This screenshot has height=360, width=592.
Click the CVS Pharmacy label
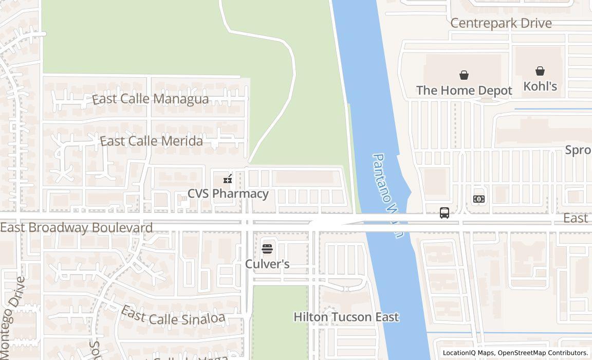pos(228,194)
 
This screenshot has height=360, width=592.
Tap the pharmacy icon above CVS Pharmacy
pos(228,179)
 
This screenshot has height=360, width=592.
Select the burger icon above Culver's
pos(267,249)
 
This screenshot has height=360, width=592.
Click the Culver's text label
pos(267,264)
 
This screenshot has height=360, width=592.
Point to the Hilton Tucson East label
pos(346,317)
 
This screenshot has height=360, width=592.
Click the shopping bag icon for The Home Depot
pos(464,76)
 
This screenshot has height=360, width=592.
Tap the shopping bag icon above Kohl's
pos(540,71)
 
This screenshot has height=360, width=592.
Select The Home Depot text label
pos(464,91)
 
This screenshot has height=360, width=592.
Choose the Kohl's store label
pos(540,86)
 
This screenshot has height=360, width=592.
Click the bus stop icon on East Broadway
pos(445,213)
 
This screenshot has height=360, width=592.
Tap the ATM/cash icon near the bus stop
pos(478,199)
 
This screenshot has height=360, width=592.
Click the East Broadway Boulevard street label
pos(77,227)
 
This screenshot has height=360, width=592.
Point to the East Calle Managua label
pos(151,99)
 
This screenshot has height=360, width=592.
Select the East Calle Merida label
pos(151,141)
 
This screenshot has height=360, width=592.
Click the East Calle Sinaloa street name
pos(173,316)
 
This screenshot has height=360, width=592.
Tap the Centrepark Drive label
pos(501,23)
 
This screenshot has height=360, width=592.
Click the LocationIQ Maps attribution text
pos(468,353)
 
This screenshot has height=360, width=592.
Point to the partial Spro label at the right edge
pos(578,150)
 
